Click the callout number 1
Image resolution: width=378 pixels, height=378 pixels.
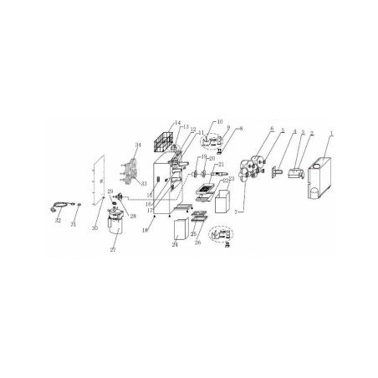331,134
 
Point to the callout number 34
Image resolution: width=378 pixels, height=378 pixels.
138,144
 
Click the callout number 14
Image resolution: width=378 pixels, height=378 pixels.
176,123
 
